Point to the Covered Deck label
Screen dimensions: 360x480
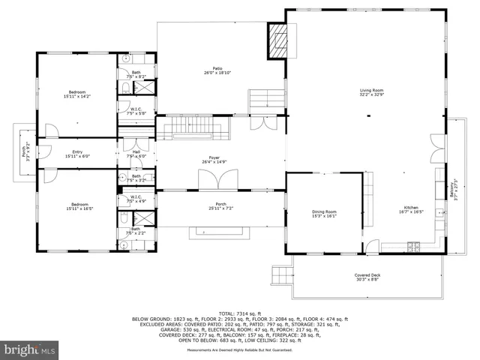point(367,277)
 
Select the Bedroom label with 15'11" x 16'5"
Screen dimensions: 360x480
point(76,206)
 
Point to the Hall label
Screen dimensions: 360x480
point(136,153)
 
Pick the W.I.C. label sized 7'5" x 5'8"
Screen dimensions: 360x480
point(136,111)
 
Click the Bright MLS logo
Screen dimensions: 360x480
point(30,349)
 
